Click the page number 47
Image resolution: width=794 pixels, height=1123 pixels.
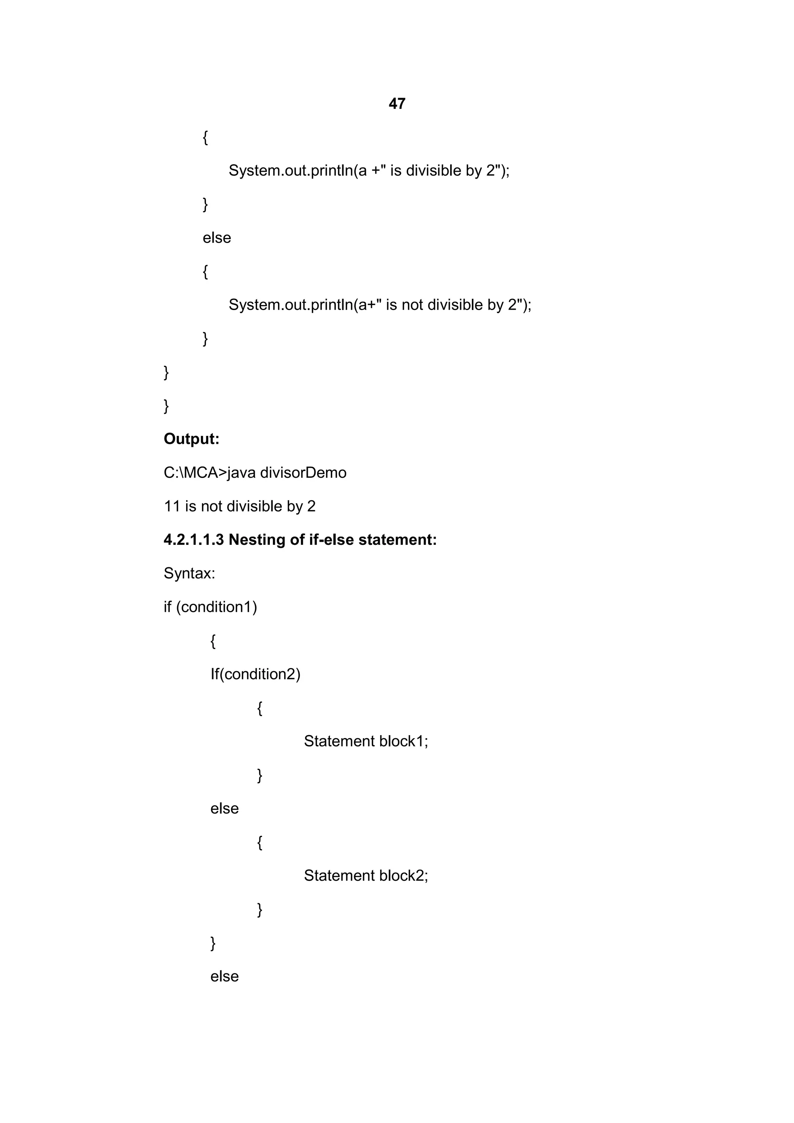pyautogui.click(x=397, y=104)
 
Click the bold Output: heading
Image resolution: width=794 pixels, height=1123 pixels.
pyautogui.click(x=191, y=439)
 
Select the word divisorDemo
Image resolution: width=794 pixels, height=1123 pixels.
pyautogui.click(x=303, y=472)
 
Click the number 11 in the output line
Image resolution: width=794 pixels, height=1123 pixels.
pyautogui.click(x=172, y=506)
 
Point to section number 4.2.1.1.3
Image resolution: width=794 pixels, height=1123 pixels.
pyautogui.click(x=194, y=539)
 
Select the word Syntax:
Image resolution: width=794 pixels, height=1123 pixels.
pyautogui.click(x=189, y=573)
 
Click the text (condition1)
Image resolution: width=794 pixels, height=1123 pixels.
pyautogui.click(x=216, y=607)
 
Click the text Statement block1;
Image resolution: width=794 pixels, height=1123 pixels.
pyautogui.click(x=366, y=741)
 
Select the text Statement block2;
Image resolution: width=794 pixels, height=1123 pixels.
pyautogui.click(x=366, y=875)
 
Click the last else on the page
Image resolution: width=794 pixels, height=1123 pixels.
pyautogui.click(x=224, y=976)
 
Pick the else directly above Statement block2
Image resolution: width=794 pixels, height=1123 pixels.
pyautogui.click(x=224, y=808)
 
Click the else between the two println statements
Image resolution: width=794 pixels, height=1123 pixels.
pyautogui.click(x=217, y=238)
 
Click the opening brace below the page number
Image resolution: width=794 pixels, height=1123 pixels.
pyautogui.click(x=205, y=138)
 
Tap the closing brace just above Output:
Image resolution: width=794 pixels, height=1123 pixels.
pyautogui.click(x=166, y=405)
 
